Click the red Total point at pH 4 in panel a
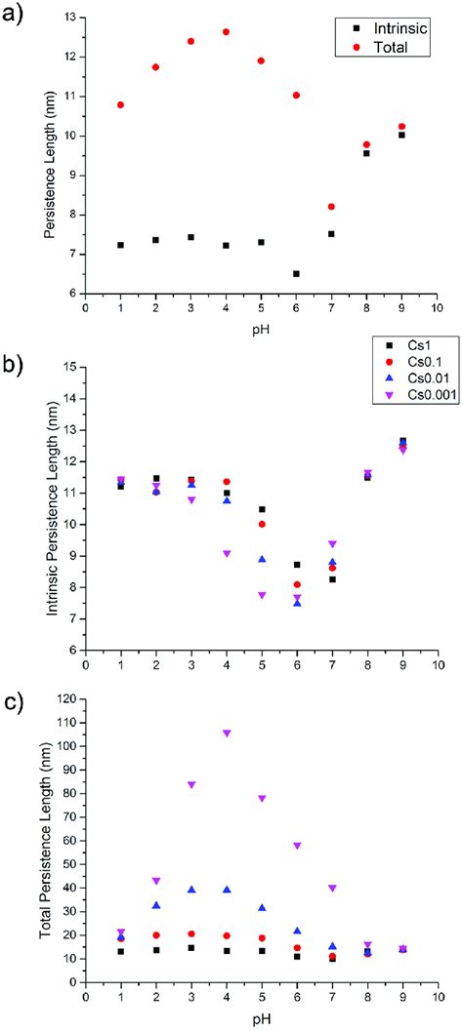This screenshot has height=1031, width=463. pos(226,32)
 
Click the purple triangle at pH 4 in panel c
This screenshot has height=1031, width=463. pos(226,733)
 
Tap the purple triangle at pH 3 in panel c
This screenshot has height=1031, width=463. pos(190,784)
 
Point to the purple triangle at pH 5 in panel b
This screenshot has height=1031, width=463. pos(261,595)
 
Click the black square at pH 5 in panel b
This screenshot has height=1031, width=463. pos(261,509)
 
